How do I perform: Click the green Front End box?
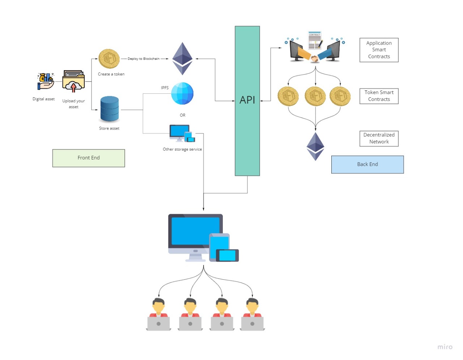[89, 158]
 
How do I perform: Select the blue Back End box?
[368, 165]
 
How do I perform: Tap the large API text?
[247, 100]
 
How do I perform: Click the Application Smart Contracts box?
[379, 50]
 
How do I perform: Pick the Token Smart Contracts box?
[379, 96]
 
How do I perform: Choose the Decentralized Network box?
[379, 139]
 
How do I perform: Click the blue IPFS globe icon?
[182, 93]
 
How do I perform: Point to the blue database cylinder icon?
[109, 109]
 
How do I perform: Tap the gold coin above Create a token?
[109, 59]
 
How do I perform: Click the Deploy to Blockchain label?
[144, 59]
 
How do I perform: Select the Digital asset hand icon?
[46, 81]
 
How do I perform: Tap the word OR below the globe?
[183, 115]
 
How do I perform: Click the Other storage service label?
[182, 149]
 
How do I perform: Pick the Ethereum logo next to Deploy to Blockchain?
[182, 59]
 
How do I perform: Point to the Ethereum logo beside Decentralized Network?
[315, 146]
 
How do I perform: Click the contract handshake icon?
[315, 47]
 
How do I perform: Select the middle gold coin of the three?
[315, 96]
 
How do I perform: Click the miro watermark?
[445, 347]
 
